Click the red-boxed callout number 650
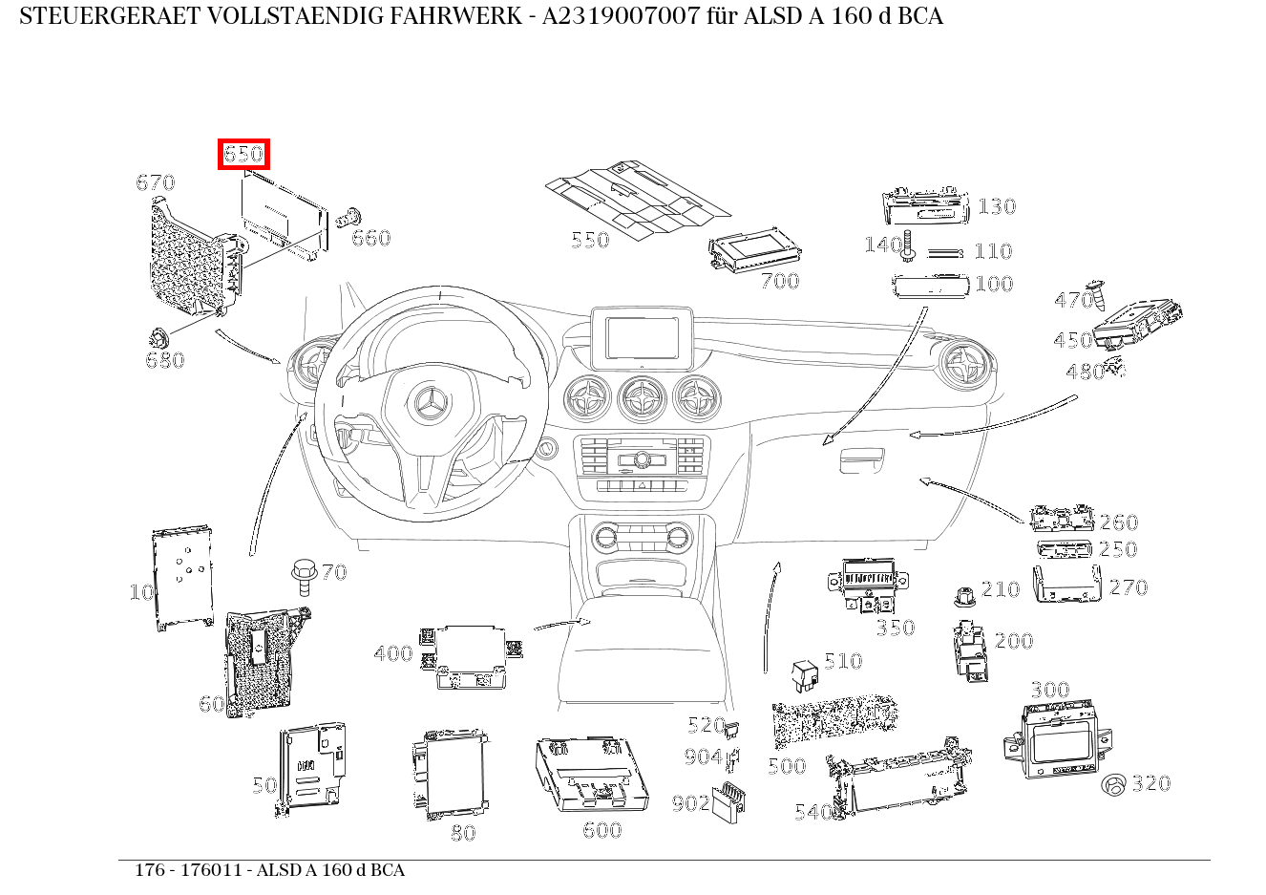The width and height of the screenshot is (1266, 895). tap(243, 154)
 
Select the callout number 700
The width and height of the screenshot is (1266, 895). tap(779, 281)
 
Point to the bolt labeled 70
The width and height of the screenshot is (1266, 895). tap(304, 576)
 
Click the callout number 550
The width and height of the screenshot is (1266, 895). tap(589, 240)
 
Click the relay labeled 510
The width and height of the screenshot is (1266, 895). tap(804, 673)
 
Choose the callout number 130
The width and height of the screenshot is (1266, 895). tap(996, 206)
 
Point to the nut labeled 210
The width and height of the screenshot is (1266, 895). tap(963, 597)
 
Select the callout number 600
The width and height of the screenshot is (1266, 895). tap(601, 830)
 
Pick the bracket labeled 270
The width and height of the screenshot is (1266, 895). tap(1066, 585)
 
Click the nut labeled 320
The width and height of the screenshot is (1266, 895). tap(1112, 785)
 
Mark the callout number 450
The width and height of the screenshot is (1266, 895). tap(1072, 341)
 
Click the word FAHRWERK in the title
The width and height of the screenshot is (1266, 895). tap(458, 16)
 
